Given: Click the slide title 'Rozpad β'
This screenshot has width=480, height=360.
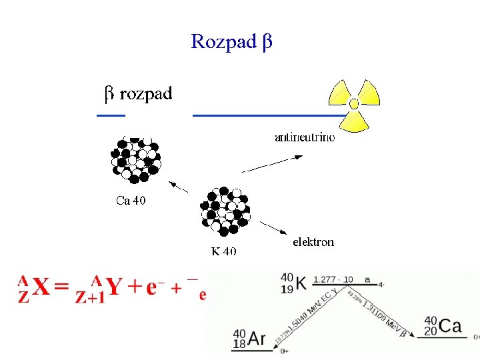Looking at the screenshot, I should [231, 42].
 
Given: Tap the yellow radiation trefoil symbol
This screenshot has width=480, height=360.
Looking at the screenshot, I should [354, 104].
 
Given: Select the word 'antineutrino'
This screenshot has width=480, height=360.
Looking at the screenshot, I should [305, 138].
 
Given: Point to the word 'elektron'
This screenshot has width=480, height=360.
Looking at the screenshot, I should [313, 242].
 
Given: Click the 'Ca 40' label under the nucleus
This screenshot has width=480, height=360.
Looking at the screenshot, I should [131, 200].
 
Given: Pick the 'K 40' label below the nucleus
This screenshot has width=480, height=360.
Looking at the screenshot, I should [223, 251].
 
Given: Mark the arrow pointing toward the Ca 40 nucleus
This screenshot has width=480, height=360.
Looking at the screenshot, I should [177, 186].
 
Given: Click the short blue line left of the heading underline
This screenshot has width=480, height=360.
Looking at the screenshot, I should [111, 115].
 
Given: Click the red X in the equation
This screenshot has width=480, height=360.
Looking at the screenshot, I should [41, 288].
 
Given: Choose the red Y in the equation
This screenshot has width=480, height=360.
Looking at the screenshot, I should [113, 288].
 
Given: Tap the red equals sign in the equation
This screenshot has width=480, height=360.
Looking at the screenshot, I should [61, 288].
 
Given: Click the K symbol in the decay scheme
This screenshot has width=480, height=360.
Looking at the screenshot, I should [301, 283].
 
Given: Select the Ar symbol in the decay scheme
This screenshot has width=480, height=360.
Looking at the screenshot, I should [256, 339].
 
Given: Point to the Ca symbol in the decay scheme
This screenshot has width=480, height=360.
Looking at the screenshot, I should [451, 327].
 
